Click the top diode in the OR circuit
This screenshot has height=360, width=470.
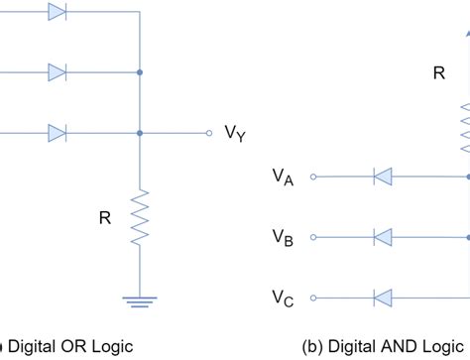click(58, 13)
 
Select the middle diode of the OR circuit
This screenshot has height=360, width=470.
click(58, 72)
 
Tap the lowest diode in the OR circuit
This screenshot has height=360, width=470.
click(58, 133)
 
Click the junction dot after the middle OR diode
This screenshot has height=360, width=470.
click(140, 72)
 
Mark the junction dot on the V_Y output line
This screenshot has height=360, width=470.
click(140, 133)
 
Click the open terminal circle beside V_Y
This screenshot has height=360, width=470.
click(208, 133)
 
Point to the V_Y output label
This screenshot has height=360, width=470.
click(235, 134)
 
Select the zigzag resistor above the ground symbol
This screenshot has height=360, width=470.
click(140, 217)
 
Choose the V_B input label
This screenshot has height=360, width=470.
click(283, 237)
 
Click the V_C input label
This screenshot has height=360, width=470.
click(283, 298)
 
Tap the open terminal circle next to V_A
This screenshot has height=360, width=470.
click(313, 177)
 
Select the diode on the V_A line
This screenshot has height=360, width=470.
click(383, 177)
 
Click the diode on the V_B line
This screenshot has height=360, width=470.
click(383, 237)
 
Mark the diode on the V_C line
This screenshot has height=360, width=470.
click(383, 298)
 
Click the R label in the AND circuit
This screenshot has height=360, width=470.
click(438, 72)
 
